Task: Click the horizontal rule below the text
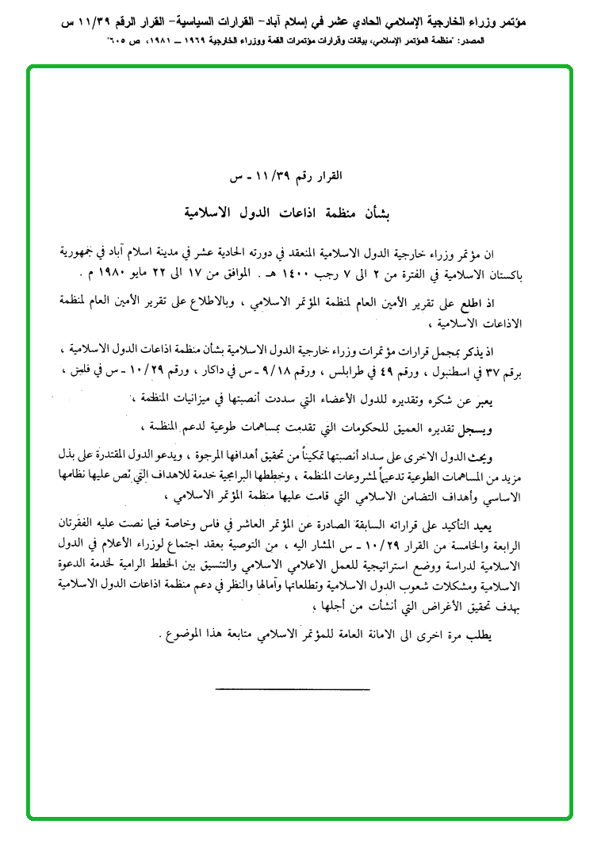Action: click(269, 688)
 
